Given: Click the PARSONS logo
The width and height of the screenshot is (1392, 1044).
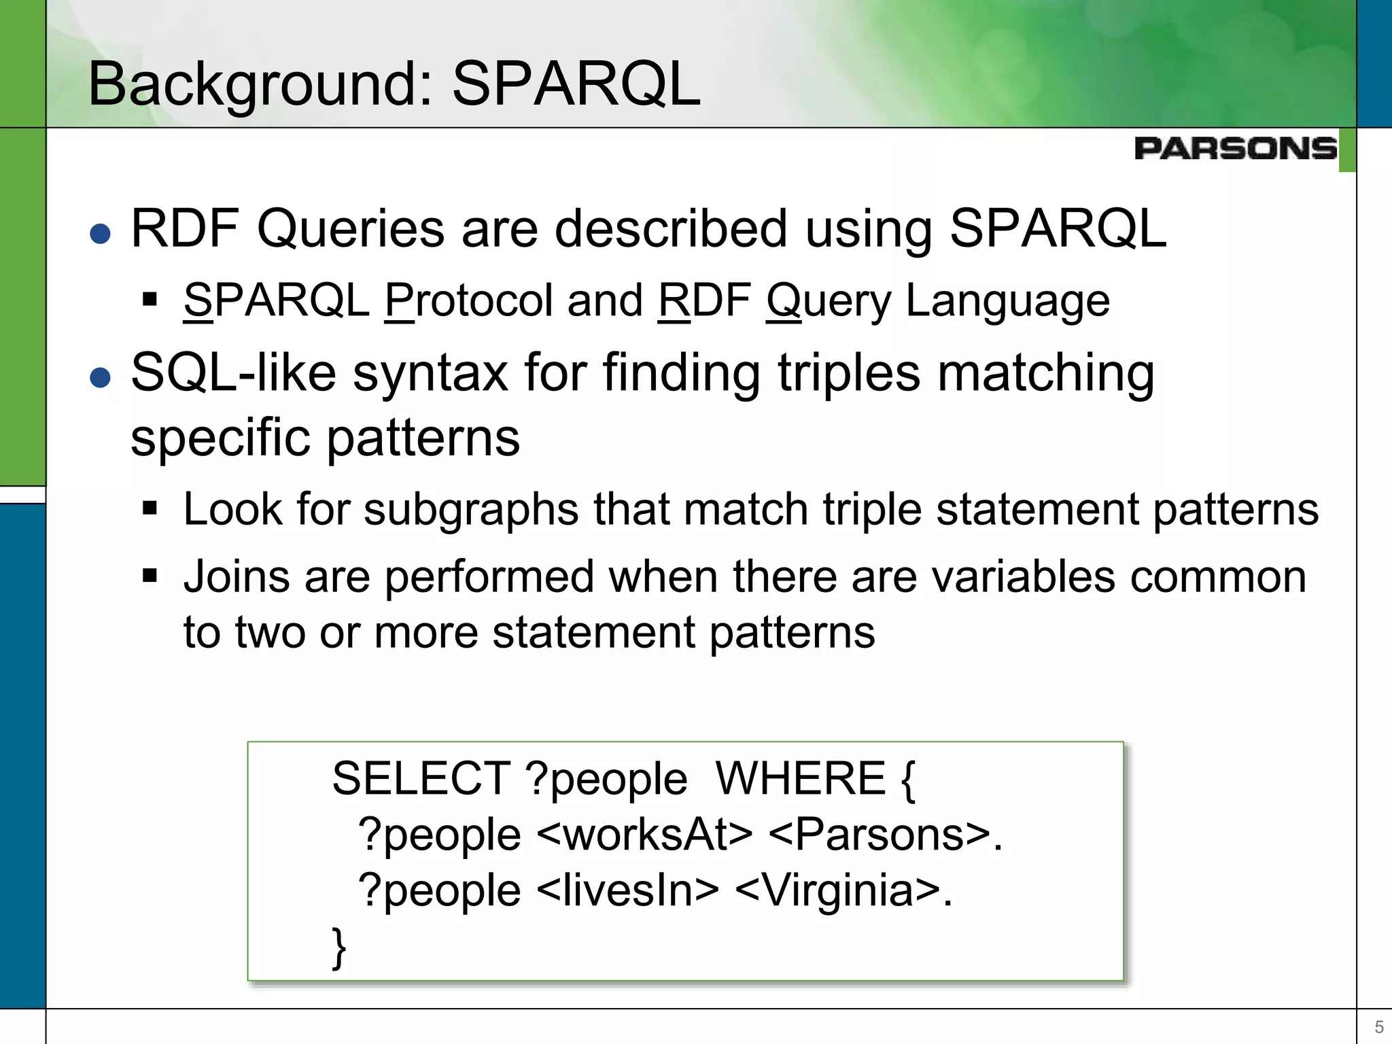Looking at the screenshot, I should [1235, 148].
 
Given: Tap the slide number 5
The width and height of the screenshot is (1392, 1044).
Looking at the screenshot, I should [1379, 1026].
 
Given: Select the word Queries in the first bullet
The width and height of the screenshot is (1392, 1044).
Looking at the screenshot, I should [350, 229].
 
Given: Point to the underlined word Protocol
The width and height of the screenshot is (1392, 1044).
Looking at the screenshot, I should [468, 300].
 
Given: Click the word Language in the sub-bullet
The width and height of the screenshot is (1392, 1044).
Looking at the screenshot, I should [1007, 300].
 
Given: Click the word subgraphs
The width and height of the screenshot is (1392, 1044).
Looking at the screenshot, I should [471, 509].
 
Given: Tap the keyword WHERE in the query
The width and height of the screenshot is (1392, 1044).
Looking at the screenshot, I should [801, 779].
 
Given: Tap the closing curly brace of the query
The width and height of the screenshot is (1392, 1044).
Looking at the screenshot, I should [338, 947].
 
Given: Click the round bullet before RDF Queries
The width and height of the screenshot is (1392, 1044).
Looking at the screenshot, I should [101, 234].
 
